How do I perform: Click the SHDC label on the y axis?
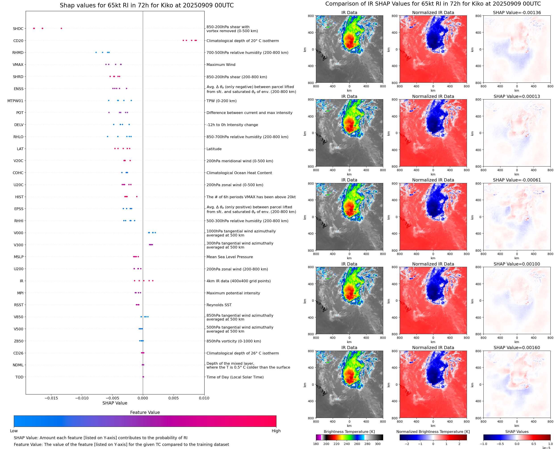coord(18,29)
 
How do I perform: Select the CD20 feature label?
coord(18,41)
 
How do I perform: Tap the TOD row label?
coord(19,377)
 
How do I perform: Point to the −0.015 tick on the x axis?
coord(51,398)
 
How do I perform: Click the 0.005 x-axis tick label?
coord(173,398)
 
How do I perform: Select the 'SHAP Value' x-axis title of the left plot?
coord(115,403)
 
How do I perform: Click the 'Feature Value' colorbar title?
coord(145,412)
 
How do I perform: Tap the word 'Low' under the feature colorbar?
coord(14,431)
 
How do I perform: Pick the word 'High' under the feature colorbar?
coord(276,431)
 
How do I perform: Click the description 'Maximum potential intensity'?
coord(233,293)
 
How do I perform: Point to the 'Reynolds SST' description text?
coord(219,305)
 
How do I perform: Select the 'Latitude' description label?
coord(214,149)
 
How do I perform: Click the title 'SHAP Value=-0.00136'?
coord(517,13)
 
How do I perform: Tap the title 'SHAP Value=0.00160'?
coord(517,348)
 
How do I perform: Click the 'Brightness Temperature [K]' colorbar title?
coord(349,432)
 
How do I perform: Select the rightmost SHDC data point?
coord(61,28)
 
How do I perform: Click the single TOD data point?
coord(143,377)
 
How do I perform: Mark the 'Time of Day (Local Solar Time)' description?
coord(235,377)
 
